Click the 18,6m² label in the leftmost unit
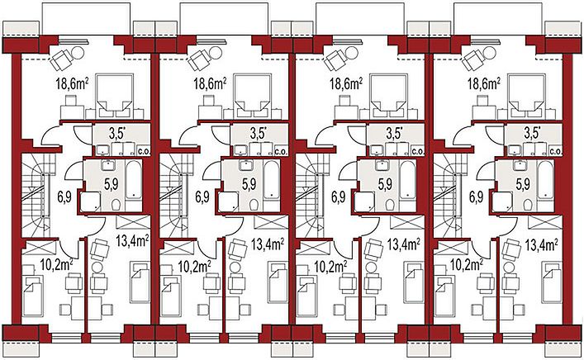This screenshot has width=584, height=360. tap(72, 84)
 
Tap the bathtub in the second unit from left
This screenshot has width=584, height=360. tap(272, 178)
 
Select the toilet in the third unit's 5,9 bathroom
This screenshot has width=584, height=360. tap(390, 205)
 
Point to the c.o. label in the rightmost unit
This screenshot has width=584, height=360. tap(556, 152)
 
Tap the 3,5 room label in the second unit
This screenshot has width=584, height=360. tap(258, 134)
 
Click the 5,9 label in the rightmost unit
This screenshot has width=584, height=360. tap(523, 184)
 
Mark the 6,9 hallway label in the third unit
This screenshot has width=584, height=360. tap(338, 197)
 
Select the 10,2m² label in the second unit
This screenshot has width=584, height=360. tap(194, 265)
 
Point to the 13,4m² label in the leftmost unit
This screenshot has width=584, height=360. tap(133, 241)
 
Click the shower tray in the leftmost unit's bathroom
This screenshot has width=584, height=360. tap(91, 201)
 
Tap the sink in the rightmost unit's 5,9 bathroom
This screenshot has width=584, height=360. tap(519, 164)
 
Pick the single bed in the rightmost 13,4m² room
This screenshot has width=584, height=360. tap(551, 282)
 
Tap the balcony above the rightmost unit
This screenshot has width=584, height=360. tap(498, 19)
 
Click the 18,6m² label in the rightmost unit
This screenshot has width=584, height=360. tap(484, 84)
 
